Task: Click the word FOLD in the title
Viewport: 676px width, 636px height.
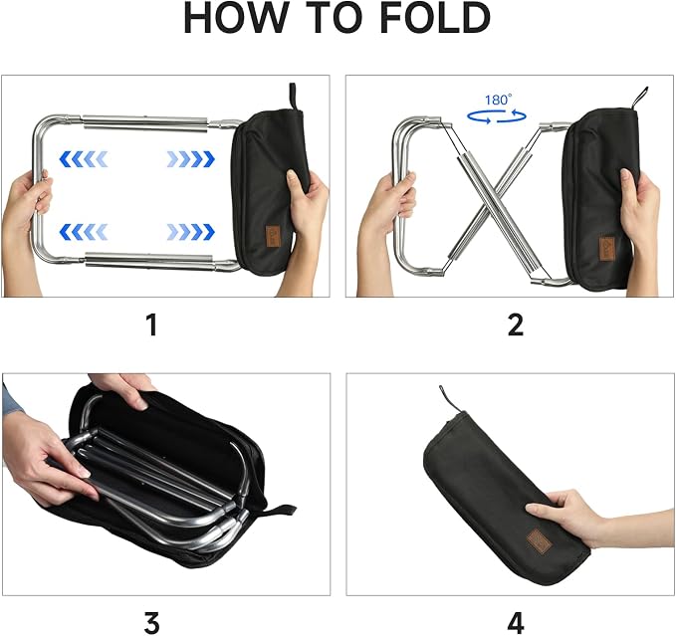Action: (435, 18)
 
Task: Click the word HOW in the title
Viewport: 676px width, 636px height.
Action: (236, 18)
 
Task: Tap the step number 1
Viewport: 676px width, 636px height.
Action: (151, 324)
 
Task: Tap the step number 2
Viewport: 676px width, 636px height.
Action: (516, 324)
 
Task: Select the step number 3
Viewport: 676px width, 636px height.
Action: (151, 623)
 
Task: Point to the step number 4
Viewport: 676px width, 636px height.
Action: (516, 623)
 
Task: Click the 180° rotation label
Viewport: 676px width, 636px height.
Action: (499, 100)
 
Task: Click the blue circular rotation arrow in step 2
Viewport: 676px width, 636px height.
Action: (497, 115)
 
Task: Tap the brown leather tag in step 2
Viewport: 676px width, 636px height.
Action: (607, 248)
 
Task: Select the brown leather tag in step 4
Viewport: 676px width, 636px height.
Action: (539, 540)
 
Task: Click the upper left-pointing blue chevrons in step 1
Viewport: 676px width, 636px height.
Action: (84, 159)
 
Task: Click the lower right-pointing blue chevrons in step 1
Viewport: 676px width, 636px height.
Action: (190, 232)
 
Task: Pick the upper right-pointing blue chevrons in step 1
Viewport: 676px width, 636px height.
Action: (190, 159)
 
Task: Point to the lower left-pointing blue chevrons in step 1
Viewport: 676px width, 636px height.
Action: (84, 232)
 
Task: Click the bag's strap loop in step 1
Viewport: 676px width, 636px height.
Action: (293, 97)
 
